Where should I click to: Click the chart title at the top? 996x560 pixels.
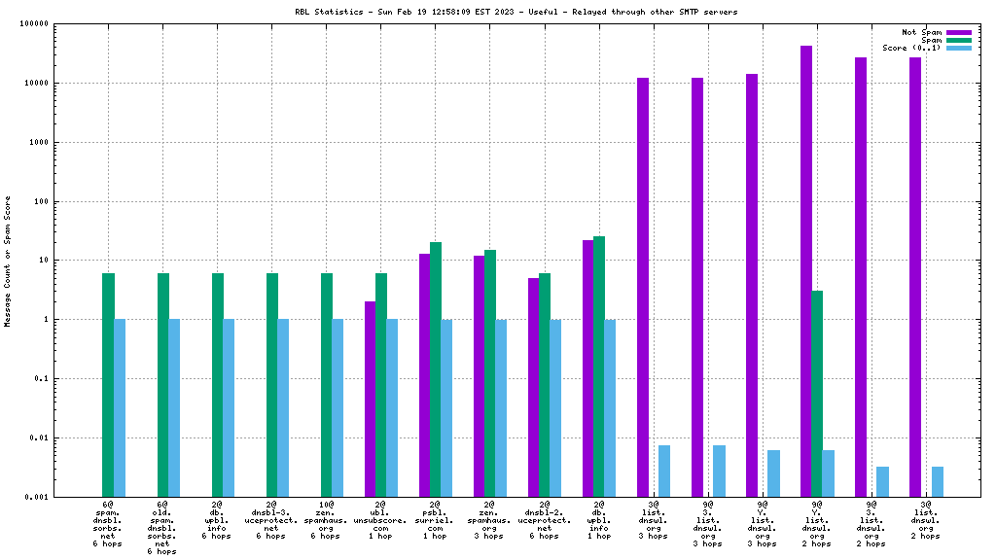click(516, 12)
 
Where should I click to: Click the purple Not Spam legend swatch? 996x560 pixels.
click(958, 32)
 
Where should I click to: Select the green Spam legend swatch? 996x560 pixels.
click(958, 40)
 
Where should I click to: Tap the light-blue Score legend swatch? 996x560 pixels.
click(958, 48)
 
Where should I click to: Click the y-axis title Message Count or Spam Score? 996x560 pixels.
click(8, 261)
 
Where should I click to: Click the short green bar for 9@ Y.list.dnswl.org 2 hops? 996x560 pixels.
click(817, 394)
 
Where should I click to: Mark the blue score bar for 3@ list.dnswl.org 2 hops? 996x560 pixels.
click(937, 481)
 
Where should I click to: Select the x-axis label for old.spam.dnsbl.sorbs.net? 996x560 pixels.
click(162, 527)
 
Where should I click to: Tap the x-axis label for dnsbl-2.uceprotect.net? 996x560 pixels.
click(544, 520)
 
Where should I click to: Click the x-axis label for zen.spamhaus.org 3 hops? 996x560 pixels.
click(489, 520)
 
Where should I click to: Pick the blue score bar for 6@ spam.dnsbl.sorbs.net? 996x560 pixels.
click(120, 407)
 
